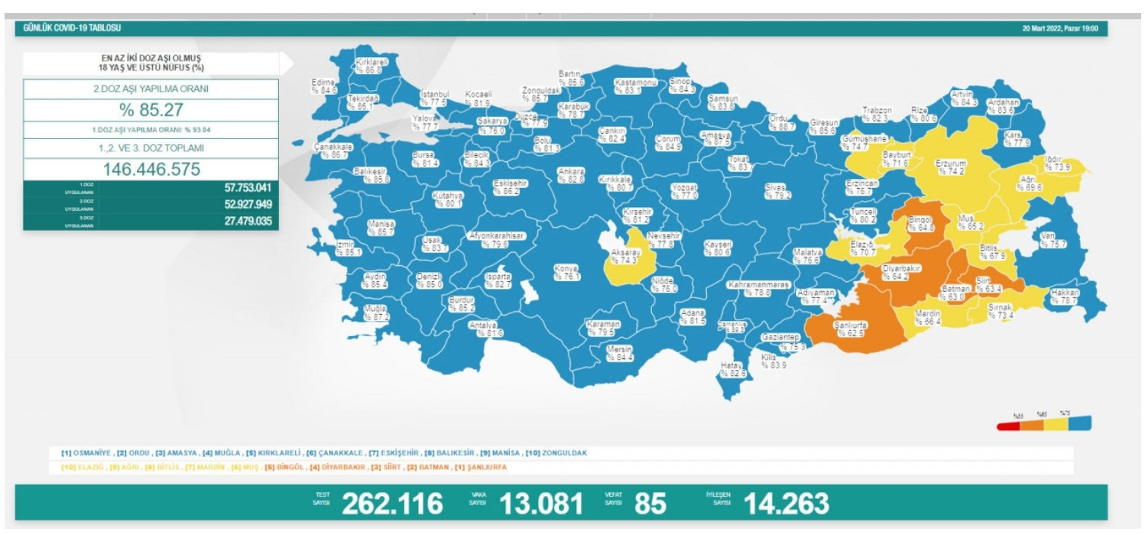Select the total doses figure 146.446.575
151,169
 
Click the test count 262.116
392,504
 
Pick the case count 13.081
541,504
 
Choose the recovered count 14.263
787,504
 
